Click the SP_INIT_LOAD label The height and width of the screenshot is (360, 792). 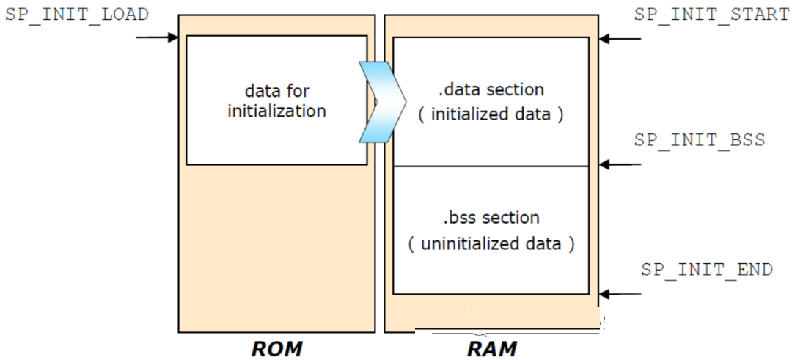tap(77, 14)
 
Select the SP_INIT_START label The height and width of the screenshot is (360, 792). tap(712, 14)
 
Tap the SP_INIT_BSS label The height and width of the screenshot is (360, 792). tap(700, 139)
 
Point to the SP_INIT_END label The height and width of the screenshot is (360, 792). tap(707, 269)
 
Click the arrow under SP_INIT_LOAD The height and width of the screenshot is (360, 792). tap(157, 37)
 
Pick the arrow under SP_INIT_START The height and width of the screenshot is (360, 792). tap(620, 38)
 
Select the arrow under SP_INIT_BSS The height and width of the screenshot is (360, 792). tap(620, 164)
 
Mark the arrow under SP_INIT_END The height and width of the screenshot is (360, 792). tap(620, 294)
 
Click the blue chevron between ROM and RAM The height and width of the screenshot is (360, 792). tap(382, 101)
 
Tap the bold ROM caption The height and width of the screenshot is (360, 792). tap(276, 349)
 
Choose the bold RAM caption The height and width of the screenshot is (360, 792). tap(491, 349)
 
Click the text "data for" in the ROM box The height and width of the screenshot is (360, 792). tap(276, 91)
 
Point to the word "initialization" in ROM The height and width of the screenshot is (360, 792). tap(276, 111)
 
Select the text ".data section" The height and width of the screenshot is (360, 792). tap(491, 90)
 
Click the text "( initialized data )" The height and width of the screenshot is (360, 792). tap(491, 114)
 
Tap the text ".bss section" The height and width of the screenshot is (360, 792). tap(491, 218)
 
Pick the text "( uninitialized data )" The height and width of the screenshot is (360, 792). tap(491, 244)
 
